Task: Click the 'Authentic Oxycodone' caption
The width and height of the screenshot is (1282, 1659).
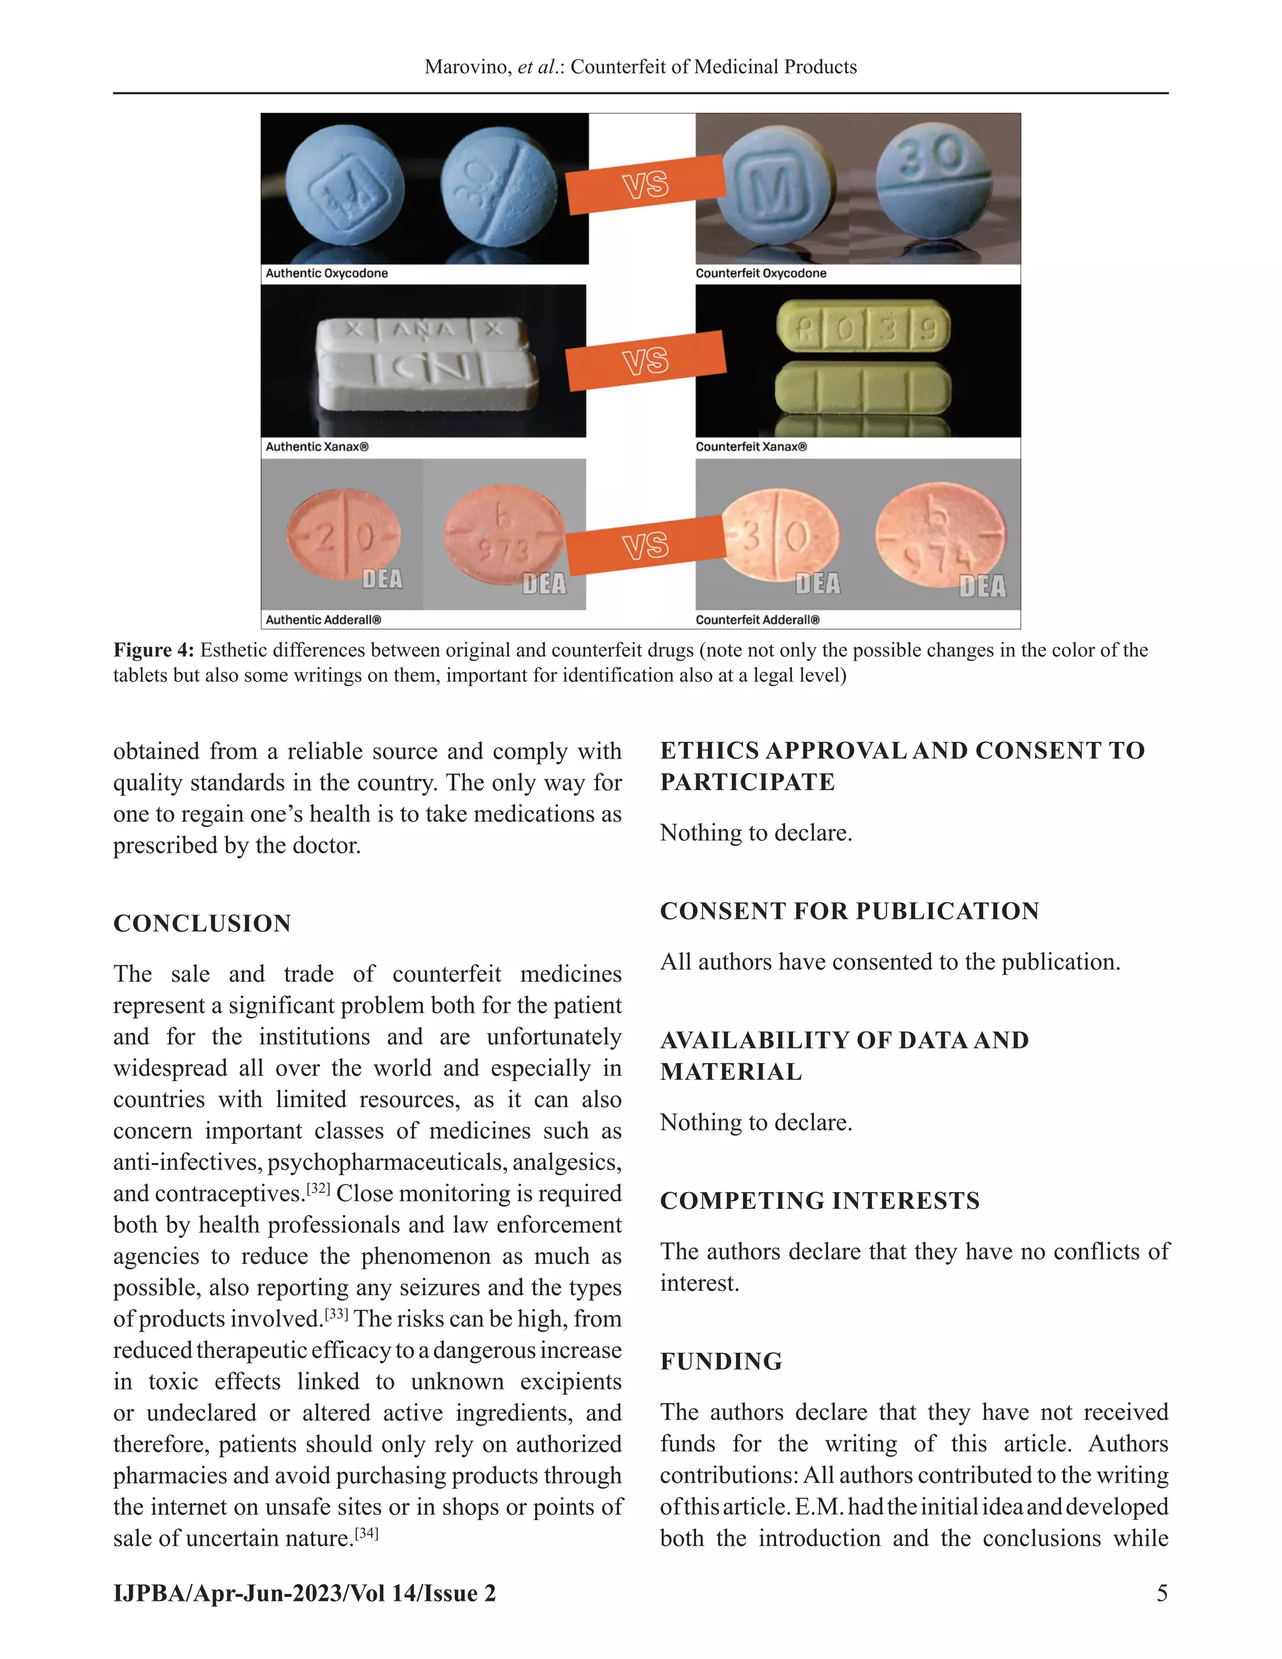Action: point(327,274)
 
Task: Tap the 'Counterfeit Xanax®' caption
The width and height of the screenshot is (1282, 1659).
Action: point(751,446)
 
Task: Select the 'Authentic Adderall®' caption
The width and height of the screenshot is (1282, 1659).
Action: point(324,620)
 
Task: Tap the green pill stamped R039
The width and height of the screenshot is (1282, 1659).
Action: point(863,329)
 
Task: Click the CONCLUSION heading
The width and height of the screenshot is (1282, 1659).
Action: point(202,923)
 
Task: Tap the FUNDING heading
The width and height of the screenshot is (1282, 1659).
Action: point(720,1361)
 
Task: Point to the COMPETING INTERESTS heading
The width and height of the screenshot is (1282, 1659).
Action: point(819,1201)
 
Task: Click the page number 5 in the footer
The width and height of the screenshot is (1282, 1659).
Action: point(1162,1593)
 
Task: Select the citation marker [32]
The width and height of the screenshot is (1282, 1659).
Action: point(318,1189)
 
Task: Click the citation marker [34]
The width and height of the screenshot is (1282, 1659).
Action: point(367,1534)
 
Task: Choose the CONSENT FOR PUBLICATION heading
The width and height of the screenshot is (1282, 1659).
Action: point(849,911)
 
